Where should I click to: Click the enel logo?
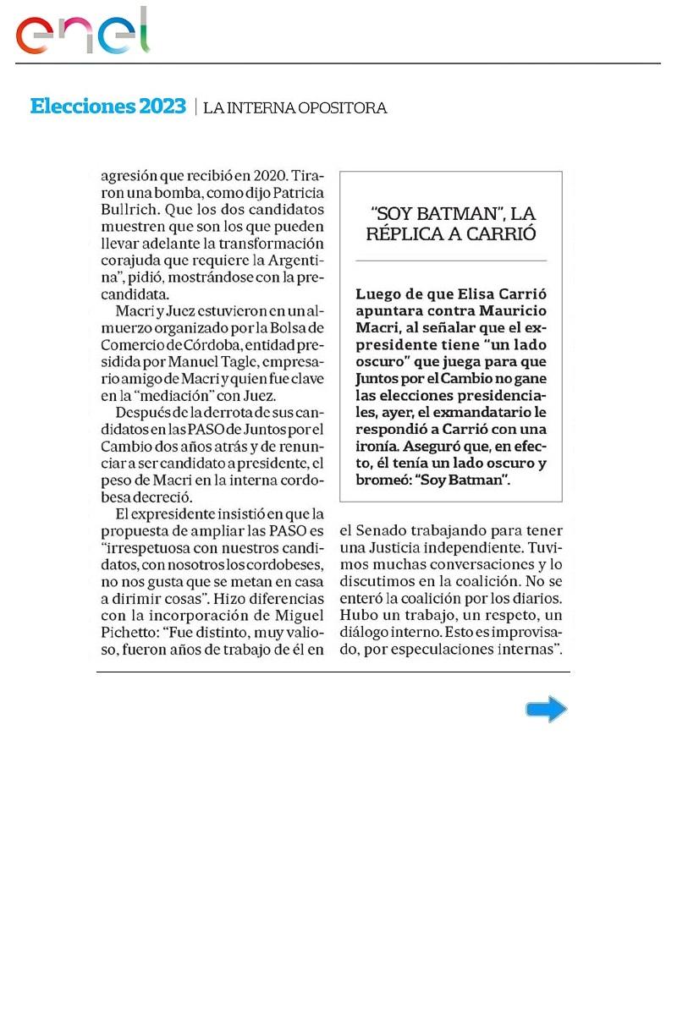(83, 32)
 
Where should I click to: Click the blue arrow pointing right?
(546, 709)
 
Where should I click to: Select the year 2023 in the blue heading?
(162, 107)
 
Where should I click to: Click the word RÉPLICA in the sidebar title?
(405, 234)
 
